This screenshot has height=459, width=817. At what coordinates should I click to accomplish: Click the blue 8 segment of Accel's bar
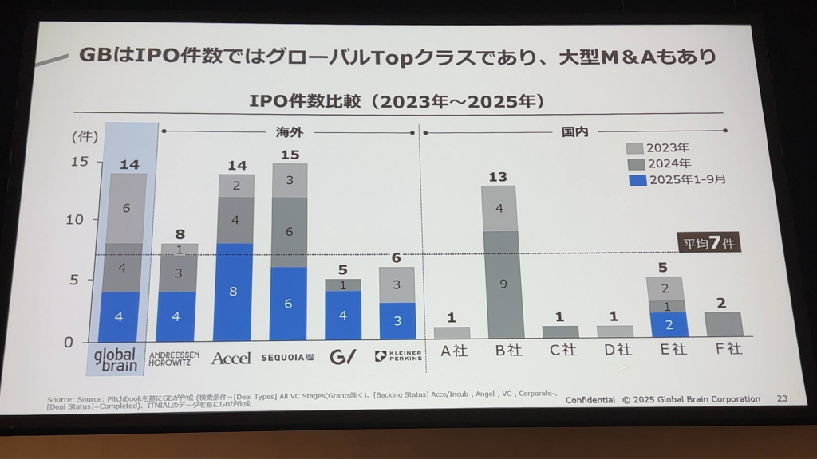pyautogui.click(x=232, y=292)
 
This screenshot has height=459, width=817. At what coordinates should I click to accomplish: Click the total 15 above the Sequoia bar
pyautogui.click(x=290, y=154)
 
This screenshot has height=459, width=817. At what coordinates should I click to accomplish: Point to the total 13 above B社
pyautogui.click(x=498, y=176)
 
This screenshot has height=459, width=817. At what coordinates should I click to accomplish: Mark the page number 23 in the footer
pyautogui.click(x=781, y=398)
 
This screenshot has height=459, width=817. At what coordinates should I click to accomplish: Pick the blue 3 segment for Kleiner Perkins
pyautogui.click(x=397, y=321)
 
